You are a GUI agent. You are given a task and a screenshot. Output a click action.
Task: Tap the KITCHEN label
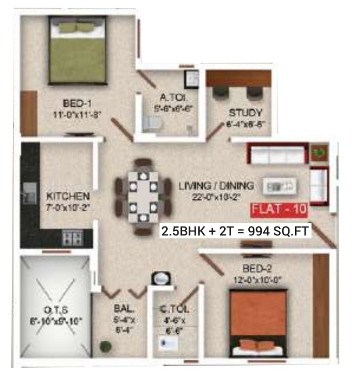[68, 196]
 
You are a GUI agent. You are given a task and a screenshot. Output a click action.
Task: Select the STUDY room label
[245, 113]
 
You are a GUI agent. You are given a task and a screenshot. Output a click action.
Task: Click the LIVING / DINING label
[216, 186]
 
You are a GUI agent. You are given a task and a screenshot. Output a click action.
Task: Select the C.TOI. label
[173, 309]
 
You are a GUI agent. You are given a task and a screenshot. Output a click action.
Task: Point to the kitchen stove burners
[73, 238]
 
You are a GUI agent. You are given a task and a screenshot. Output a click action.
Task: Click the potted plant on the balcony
[105, 346]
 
